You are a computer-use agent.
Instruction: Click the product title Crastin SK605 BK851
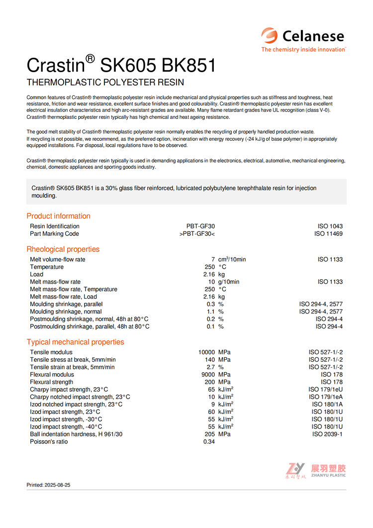(x=121, y=65)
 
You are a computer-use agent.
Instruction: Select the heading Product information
(x=58, y=216)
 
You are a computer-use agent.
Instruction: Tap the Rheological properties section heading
(x=63, y=249)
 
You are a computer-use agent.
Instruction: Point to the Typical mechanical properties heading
(x=75, y=342)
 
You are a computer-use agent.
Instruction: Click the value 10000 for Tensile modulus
(x=206, y=352)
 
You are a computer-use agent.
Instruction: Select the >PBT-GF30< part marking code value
(x=197, y=234)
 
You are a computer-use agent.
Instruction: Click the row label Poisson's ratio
(x=49, y=442)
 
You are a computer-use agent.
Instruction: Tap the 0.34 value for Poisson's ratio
(x=209, y=442)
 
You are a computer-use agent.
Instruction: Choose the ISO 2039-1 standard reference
(x=327, y=434)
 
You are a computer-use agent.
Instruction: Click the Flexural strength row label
(x=51, y=382)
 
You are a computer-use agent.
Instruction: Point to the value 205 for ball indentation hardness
(x=210, y=434)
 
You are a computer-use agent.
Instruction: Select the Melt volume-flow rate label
(x=57, y=259)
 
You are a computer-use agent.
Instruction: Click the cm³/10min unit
(x=232, y=259)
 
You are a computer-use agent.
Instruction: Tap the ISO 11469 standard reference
(x=328, y=234)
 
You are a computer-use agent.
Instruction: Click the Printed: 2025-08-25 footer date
(x=48, y=485)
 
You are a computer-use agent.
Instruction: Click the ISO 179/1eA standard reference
(x=325, y=397)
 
